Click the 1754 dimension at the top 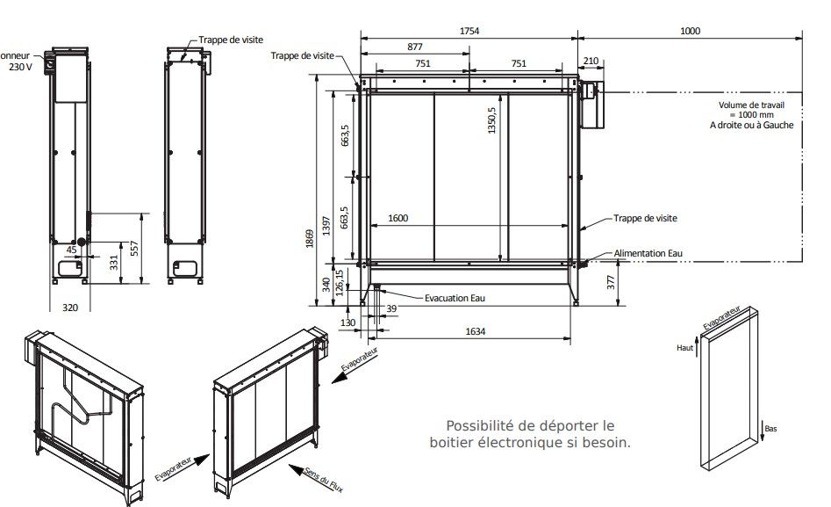(469, 31)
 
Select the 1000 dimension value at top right (690, 31)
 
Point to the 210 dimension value (590, 62)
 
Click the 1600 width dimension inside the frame (397, 218)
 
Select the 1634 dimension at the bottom (476, 331)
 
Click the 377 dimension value (611, 282)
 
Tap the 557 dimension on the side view (134, 250)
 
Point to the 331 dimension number (113, 263)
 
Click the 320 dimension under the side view (70, 308)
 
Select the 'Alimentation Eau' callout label (648, 253)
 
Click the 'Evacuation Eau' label (455, 298)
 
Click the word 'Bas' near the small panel (770, 429)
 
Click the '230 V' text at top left (19, 67)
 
